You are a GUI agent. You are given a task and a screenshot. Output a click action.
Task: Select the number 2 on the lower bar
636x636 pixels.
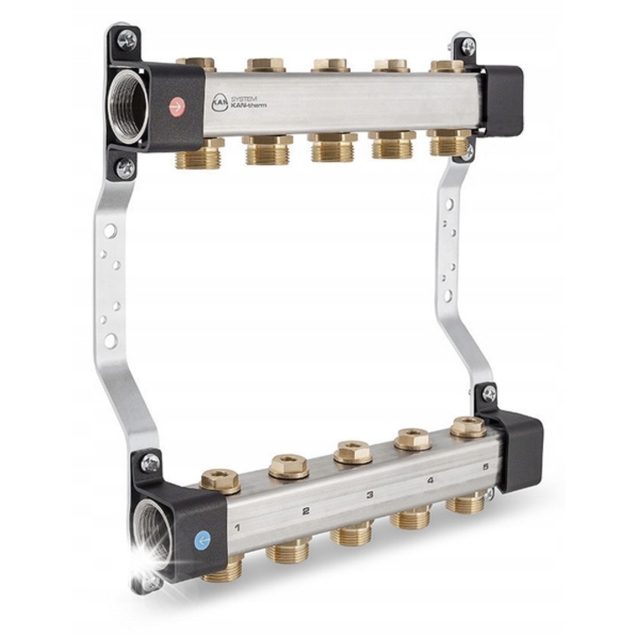pyautogui.click(x=306, y=511)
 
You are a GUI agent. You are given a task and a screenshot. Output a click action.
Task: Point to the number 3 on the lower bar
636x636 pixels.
pyautogui.click(x=369, y=495)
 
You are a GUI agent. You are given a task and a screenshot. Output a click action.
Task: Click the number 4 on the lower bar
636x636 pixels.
pyautogui.click(x=430, y=481)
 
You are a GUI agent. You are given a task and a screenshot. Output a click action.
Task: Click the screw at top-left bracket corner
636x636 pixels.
pyautogui.click(x=125, y=39)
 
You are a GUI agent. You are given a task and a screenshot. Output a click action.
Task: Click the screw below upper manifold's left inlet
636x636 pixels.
pyautogui.click(x=126, y=167)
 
